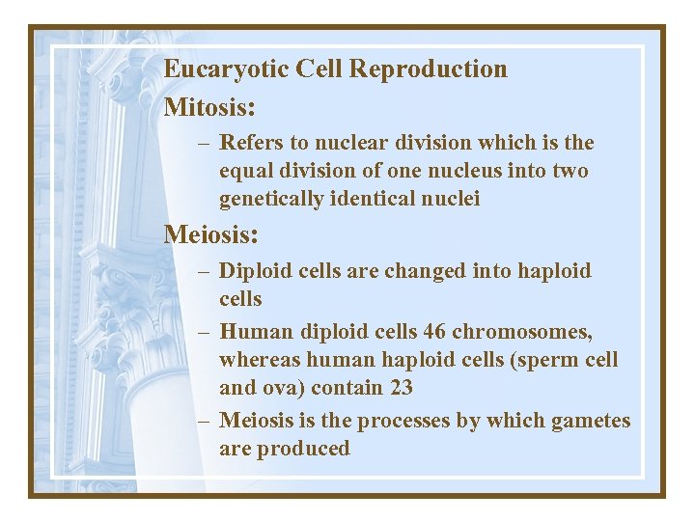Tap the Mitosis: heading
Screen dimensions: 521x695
[x=208, y=106]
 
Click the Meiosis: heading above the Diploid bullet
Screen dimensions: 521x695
[x=211, y=234]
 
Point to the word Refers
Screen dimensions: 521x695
[x=252, y=143]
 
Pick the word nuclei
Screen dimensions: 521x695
[x=453, y=199]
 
